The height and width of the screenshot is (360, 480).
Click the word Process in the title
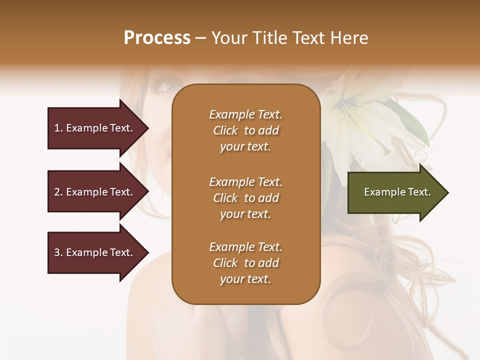157,38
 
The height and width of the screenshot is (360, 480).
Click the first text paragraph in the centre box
245,130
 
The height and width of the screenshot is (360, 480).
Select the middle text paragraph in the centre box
245,198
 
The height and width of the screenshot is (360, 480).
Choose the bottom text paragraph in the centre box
245,263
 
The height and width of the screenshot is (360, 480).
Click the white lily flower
360,120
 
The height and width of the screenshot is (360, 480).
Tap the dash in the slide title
201,38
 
